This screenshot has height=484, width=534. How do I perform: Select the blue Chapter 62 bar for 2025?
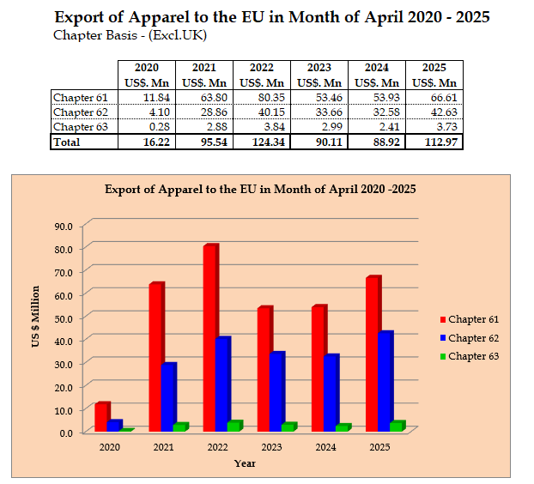pos(385,381)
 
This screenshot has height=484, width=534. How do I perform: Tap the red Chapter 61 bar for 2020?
pos(101,416)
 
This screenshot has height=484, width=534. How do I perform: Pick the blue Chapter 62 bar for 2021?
pos(168,396)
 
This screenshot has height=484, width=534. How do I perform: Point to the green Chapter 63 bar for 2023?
pos(288,427)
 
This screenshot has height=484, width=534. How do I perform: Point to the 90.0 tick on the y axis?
pos(64,226)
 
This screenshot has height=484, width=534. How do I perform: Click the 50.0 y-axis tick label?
pos(64,318)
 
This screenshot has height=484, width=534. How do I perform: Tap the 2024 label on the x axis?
pos(326,447)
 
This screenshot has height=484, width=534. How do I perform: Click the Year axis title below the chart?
pos(245,463)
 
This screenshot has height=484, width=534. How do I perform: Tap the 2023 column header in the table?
pos(319,68)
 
